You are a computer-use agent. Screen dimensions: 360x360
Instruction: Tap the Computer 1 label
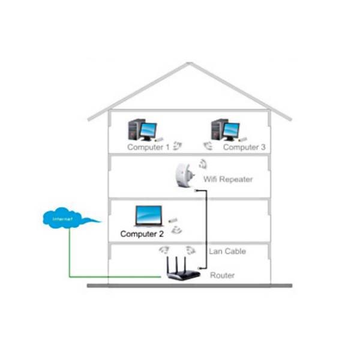tap(148, 147)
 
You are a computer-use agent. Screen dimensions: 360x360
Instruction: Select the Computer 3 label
tap(244, 147)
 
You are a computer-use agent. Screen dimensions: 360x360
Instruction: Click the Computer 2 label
tap(142, 234)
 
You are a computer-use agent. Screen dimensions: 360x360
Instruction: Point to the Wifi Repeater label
tap(228, 179)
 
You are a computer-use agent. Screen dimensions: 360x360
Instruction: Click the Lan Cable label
tap(227, 251)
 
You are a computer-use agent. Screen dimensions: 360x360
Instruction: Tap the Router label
tap(223, 275)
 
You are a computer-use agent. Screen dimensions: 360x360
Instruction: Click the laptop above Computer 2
tap(148, 216)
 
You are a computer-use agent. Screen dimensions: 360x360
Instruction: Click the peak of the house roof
tap(189, 63)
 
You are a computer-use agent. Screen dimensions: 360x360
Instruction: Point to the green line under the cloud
tap(70, 252)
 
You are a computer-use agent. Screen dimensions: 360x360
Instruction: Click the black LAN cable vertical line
tap(207, 222)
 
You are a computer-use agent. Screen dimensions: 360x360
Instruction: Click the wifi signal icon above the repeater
tap(203, 164)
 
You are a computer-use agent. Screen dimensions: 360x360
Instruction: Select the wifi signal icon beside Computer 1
tap(178, 145)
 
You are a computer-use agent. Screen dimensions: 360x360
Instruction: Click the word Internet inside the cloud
tap(62, 220)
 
